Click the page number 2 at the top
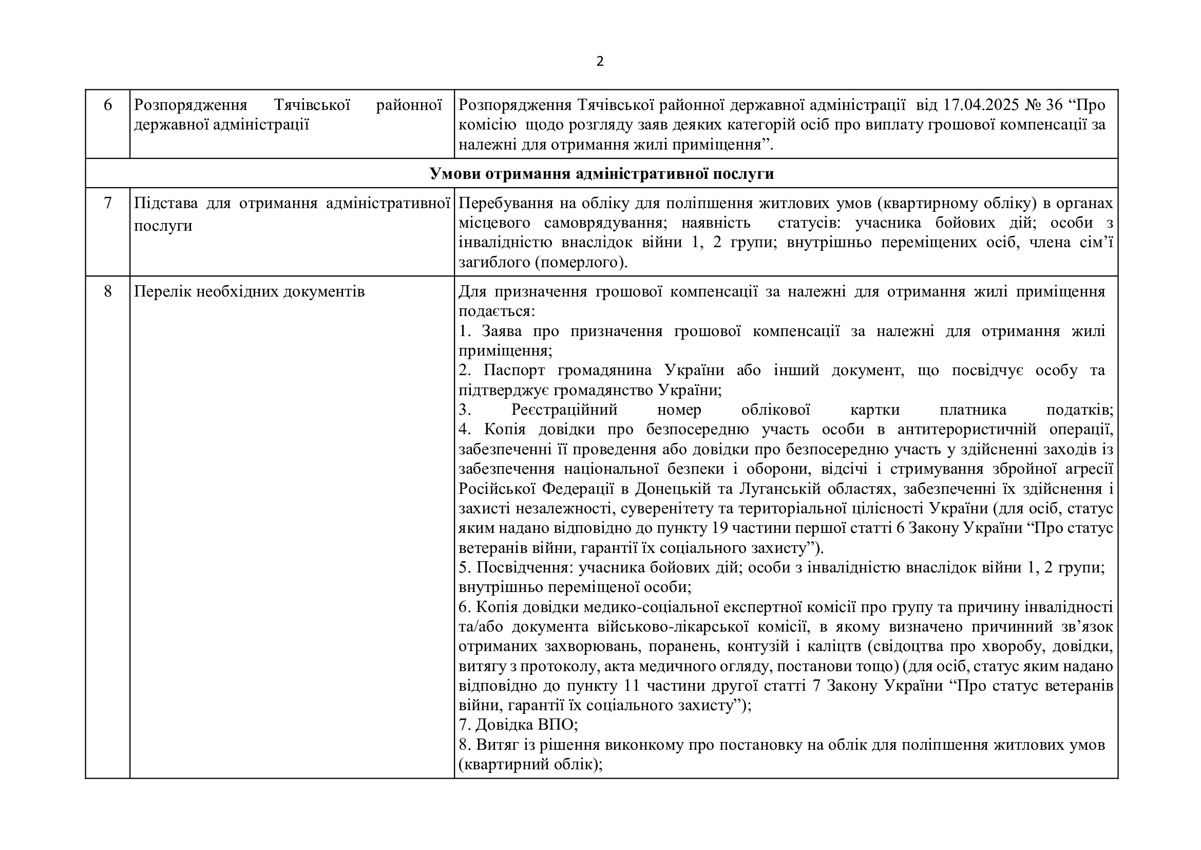600,62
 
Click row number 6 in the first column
108,105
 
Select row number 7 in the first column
108,202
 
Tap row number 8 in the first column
108,291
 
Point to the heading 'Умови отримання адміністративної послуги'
602,174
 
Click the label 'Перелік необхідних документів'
249,291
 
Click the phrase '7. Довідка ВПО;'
518,725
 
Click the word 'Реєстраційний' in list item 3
564,410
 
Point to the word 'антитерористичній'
967,430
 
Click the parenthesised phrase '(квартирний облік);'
530,765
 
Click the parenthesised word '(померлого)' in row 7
581,262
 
